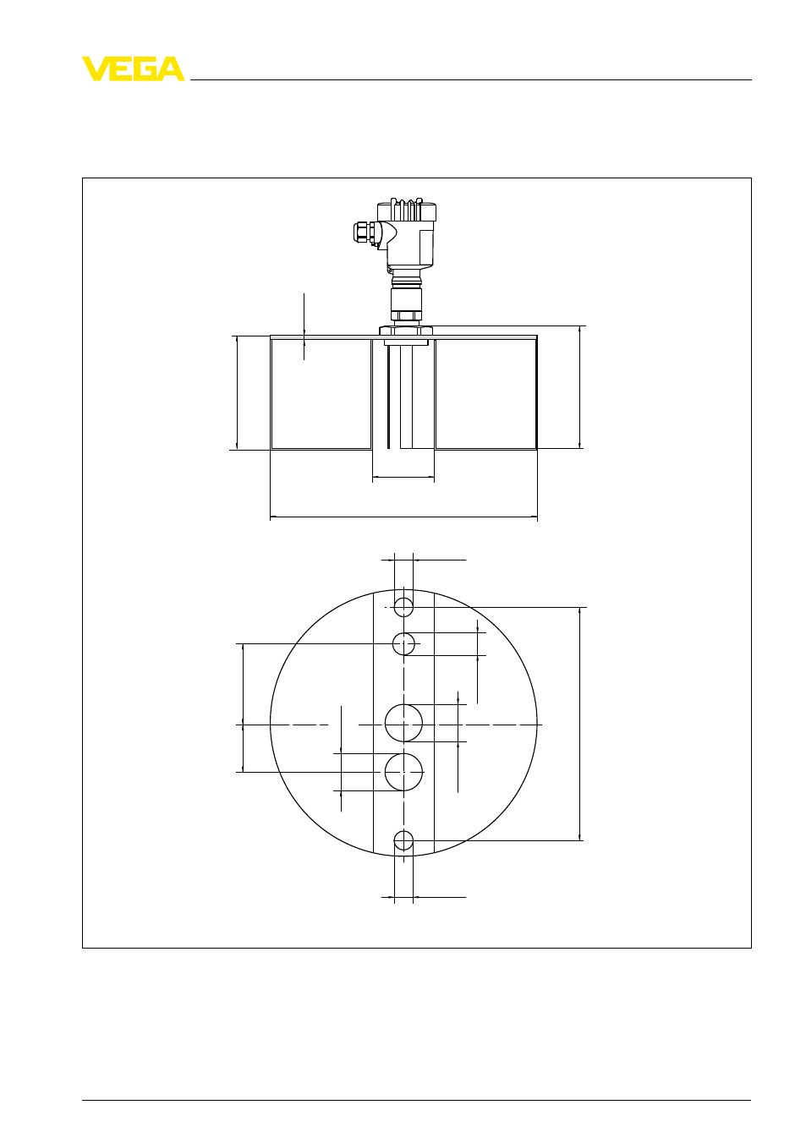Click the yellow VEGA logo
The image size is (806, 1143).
click(134, 68)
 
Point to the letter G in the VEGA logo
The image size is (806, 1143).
click(145, 68)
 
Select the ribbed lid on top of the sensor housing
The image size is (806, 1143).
click(406, 210)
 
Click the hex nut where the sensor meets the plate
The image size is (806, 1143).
click(406, 331)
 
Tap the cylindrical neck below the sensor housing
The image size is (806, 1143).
click(406, 304)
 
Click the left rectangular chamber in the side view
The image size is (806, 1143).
click(321, 393)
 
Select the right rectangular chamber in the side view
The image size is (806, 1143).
click(486, 393)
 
